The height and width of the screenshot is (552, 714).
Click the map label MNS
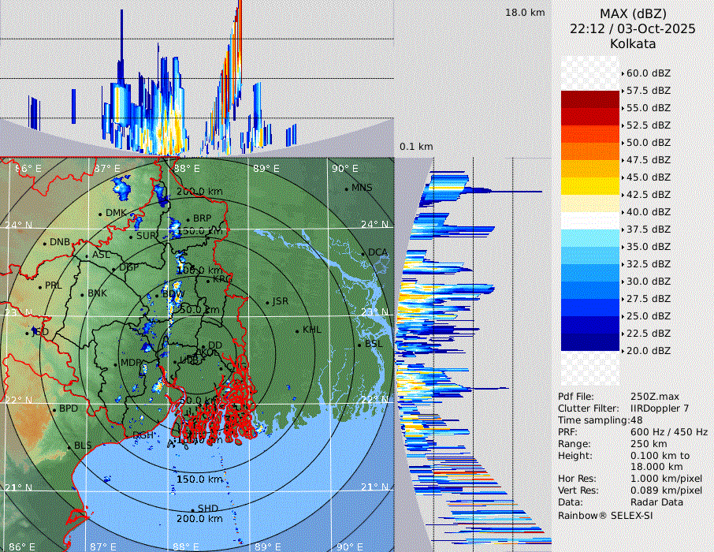coord(362,188)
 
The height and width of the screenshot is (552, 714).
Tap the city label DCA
coord(378,252)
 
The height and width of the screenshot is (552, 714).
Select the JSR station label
coord(280,301)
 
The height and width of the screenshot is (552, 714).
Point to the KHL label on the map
coord(311,330)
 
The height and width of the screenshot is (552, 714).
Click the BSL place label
coord(373,345)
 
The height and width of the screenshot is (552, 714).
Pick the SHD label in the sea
coord(207,509)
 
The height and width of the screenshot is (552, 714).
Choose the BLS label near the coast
coord(83,446)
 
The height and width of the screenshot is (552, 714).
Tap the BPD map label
coord(69,409)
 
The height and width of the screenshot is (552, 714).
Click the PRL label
coord(53,285)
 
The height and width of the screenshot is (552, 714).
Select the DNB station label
coord(60,242)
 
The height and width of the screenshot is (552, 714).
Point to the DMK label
coord(116,213)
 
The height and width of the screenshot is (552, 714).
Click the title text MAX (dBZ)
coord(633,13)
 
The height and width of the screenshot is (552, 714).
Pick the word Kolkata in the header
coord(633,43)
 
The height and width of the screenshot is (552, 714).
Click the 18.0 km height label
coord(525,13)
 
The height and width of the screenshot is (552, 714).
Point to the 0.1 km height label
coord(416,147)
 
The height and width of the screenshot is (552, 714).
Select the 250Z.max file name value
coord(653,397)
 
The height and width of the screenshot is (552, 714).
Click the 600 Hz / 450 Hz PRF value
coord(669,432)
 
